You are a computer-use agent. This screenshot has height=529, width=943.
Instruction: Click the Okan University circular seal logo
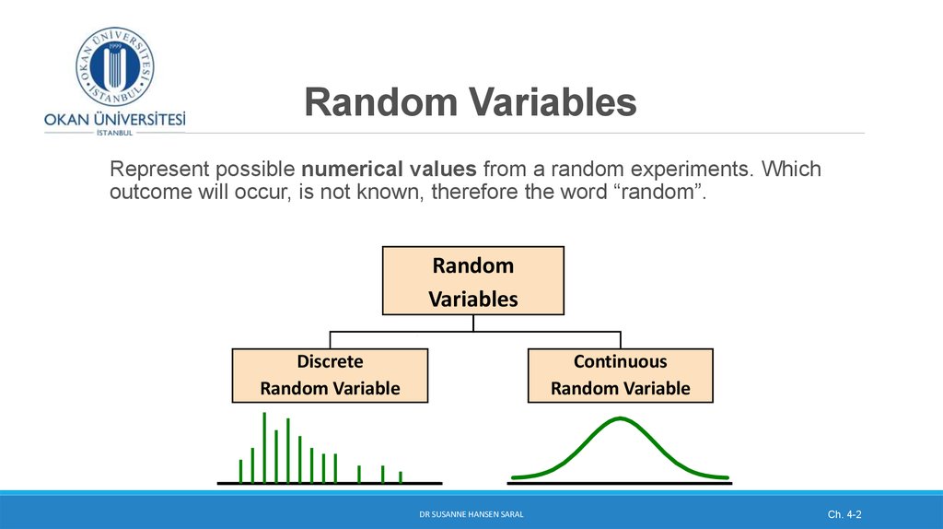[x=114, y=66]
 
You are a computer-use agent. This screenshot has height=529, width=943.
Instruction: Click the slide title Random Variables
[x=471, y=103]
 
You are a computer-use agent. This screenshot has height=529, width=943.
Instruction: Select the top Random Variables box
[x=472, y=281]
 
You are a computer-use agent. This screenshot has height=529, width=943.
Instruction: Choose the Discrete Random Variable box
[x=330, y=375]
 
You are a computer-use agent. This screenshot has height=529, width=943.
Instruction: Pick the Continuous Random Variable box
[x=620, y=375]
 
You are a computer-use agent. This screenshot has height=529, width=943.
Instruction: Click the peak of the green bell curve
[x=622, y=419]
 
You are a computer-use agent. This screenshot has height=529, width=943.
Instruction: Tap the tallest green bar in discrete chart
[x=264, y=447]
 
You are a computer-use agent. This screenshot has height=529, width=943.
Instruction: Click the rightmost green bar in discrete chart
[x=401, y=476]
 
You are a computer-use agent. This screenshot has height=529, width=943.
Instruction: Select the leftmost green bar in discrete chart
[x=240, y=471]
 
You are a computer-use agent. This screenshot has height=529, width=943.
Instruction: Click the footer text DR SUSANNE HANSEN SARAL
[x=471, y=512]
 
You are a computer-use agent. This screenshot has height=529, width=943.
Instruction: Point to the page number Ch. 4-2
[x=844, y=512]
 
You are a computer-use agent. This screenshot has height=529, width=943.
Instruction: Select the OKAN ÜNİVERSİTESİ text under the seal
[x=114, y=119]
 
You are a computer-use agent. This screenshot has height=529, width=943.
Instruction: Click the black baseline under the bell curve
[x=620, y=483]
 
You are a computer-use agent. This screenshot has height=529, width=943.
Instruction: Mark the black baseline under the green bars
[x=330, y=483]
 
